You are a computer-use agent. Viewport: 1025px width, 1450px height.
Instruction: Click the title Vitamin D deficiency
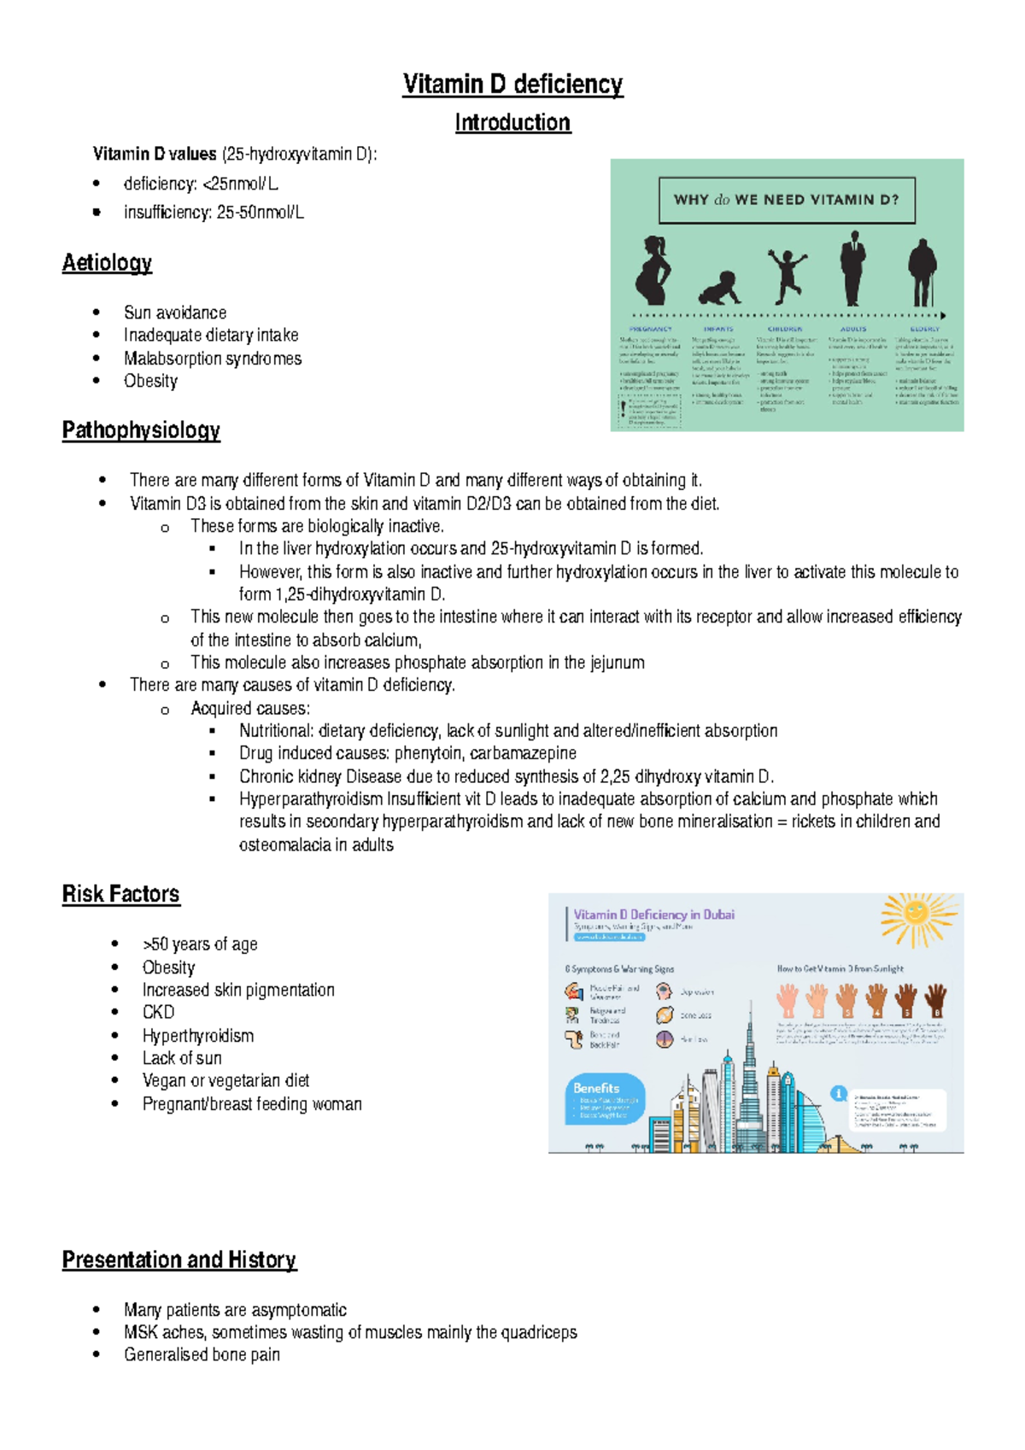512,85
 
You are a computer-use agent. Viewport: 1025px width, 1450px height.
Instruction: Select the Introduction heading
512,123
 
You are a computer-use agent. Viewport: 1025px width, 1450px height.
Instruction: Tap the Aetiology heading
107,263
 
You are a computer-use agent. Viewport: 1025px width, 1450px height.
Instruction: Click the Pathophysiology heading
141,430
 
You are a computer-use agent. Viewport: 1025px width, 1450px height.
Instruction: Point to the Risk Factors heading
120,894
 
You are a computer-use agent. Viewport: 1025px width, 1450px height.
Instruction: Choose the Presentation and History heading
179,1260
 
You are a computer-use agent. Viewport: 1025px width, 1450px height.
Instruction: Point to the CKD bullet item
158,1013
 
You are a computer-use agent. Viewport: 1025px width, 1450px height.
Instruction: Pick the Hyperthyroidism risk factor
197,1036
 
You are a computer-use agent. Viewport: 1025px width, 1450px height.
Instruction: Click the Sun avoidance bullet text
175,313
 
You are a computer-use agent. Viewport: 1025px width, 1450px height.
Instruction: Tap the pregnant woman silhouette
653,271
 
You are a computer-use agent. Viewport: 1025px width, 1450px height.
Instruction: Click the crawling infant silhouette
720,287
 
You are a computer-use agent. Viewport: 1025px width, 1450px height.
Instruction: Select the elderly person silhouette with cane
923,272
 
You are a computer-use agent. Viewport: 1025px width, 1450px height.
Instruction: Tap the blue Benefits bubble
604,1098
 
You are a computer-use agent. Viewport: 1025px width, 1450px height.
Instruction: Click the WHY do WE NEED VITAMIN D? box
787,200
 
